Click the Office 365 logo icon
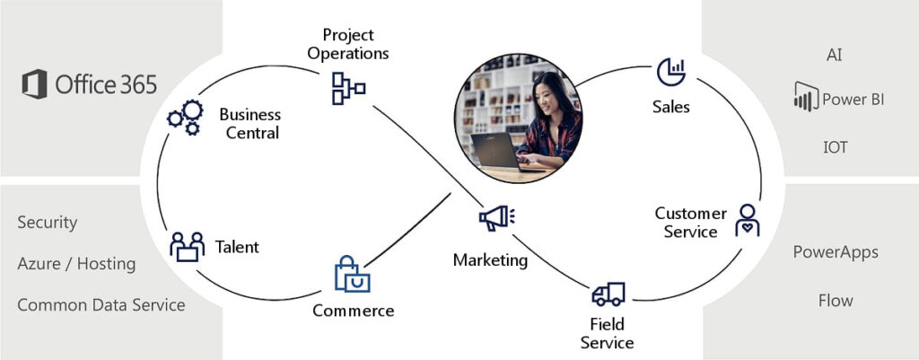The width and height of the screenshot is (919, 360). [35, 85]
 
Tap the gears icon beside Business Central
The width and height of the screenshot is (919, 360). [186, 117]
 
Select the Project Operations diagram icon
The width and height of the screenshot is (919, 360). [348, 86]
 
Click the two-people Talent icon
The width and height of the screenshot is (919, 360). [188, 246]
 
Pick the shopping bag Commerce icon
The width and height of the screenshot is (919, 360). [352, 275]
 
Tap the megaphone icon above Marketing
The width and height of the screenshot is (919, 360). [496, 218]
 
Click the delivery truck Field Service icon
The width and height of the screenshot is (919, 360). [608, 294]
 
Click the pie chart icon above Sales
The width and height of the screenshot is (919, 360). [671, 72]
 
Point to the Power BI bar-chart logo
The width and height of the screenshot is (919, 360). [805, 97]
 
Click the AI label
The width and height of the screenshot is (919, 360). [835, 55]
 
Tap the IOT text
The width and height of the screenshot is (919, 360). [835, 146]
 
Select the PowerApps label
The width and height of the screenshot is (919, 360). [836, 251]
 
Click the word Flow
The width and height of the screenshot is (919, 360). [836, 300]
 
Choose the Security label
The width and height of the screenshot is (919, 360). [48, 222]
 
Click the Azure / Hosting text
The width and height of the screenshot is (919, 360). [76, 263]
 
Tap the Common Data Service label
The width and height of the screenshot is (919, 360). [101, 304]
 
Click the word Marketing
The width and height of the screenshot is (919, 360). [490, 260]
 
